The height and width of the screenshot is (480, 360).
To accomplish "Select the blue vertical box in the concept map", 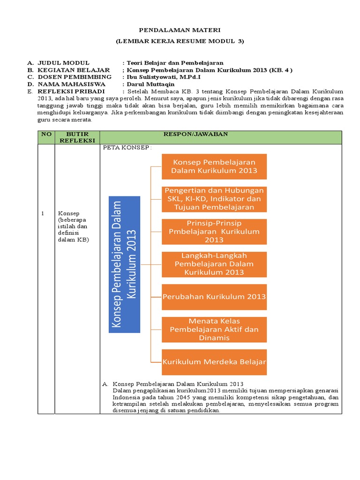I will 125,264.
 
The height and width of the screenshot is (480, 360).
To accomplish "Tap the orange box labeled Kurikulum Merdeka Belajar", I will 214,362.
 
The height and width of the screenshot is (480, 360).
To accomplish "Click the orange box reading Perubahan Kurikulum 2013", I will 214,297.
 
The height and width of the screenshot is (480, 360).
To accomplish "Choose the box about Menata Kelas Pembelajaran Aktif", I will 214,330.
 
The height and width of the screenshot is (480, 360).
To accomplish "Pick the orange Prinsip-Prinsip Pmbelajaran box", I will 214,232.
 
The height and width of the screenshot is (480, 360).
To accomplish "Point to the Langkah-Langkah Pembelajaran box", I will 214,264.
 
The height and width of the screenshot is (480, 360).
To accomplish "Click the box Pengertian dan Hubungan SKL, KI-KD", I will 214,199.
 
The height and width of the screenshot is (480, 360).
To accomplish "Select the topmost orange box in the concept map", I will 214,166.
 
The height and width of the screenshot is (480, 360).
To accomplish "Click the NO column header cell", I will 46,134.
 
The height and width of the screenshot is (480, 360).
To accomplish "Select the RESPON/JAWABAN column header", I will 195,134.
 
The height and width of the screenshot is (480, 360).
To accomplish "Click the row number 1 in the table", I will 42,213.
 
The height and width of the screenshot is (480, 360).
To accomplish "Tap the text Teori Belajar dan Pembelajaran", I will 175,62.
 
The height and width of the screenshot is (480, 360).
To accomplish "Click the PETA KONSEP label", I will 127,148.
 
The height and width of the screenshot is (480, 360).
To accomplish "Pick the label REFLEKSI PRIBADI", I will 71,91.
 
